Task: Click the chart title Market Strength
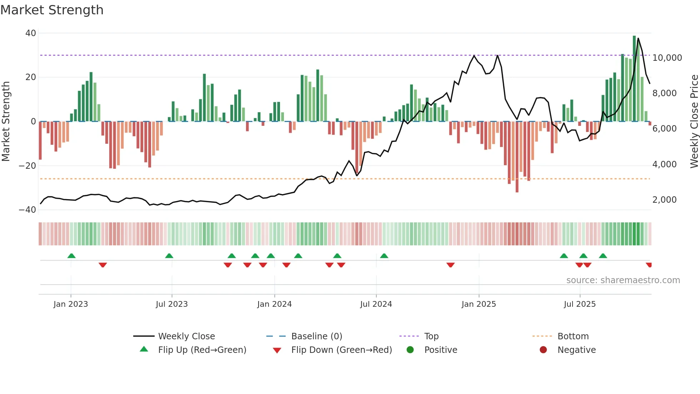tap(52, 10)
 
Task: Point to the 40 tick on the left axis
tap(31, 33)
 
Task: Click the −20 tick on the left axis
tap(27, 166)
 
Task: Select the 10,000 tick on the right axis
tap(667, 58)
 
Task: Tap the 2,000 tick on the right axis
tap(664, 200)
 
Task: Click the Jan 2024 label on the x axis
tap(274, 304)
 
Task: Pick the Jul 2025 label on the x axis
tap(580, 304)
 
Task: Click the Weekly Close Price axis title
tap(694, 121)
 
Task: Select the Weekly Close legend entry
tap(186, 336)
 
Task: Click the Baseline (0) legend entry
tap(316, 336)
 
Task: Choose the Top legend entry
tap(431, 336)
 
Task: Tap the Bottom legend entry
tap(573, 336)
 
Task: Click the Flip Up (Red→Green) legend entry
tap(202, 350)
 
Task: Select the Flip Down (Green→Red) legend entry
tap(341, 350)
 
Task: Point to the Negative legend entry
tap(576, 350)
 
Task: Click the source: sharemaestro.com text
tap(623, 280)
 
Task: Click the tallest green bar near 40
tap(634, 79)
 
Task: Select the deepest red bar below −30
tap(517, 157)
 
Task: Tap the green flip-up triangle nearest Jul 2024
tap(384, 256)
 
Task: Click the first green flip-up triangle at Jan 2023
tap(71, 256)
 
